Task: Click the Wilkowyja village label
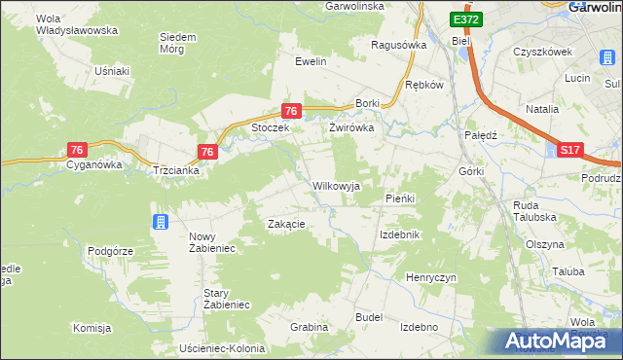pos(336,185)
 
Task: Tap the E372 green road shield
pos(465,19)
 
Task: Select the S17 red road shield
pos(570,150)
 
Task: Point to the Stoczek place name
pos(272,127)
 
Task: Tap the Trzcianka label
pos(176,170)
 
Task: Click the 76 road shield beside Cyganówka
pos(78,149)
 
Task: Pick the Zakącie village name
pos(287,224)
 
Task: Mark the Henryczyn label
pos(431,277)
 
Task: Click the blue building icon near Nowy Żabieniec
pos(160,223)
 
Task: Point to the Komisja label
pos(92,328)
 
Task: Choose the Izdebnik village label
pos(399,235)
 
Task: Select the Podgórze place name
pos(110,250)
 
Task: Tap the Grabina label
pos(309,327)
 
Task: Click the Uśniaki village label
pos(112,71)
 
